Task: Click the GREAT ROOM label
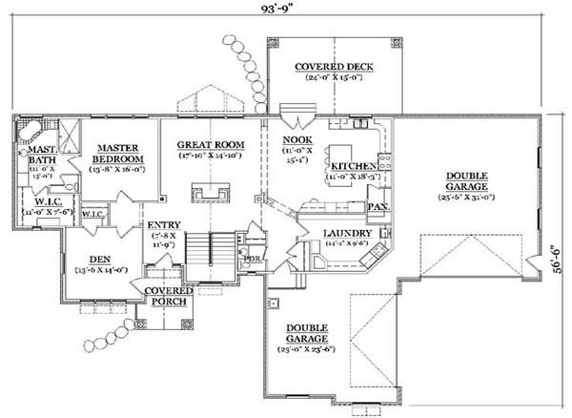[211, 145]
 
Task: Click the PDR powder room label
[254, 258]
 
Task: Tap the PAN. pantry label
[378, 206]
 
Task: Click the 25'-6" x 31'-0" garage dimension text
[464, 197]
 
